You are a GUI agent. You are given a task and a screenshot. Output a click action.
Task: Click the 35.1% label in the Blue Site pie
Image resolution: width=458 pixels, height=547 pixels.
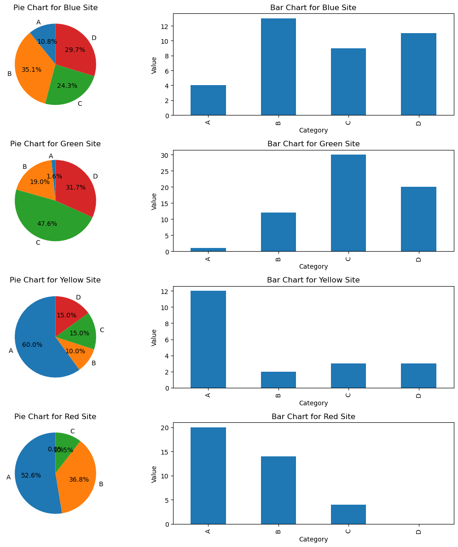(31, 70)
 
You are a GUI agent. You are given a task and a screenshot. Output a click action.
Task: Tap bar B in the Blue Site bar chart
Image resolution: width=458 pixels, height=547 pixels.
(278, 67)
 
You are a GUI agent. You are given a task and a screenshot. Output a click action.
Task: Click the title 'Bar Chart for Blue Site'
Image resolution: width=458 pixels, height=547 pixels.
(313, 8)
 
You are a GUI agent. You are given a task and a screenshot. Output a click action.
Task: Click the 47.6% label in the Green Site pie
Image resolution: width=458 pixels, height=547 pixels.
(47, 224)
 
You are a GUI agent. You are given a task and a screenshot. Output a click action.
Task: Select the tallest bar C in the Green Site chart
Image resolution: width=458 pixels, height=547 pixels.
(348, 203)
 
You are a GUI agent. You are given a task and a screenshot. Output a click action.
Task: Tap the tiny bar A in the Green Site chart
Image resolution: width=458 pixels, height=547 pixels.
(208, 250)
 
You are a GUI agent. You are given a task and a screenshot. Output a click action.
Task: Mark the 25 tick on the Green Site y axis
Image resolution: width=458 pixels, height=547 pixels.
(165, 171)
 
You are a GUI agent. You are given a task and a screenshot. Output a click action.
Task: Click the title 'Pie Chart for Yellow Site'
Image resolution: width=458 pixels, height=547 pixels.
(55, 280)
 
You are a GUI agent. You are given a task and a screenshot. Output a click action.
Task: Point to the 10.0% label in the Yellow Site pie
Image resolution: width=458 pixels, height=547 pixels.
(75, 351)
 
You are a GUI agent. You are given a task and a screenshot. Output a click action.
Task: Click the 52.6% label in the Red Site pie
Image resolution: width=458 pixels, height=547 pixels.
(31, 476)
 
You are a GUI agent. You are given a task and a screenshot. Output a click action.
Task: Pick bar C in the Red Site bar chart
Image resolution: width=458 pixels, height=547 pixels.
(348, 514)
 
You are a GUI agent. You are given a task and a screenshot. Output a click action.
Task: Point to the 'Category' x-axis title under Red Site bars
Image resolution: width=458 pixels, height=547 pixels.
(313, 539)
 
